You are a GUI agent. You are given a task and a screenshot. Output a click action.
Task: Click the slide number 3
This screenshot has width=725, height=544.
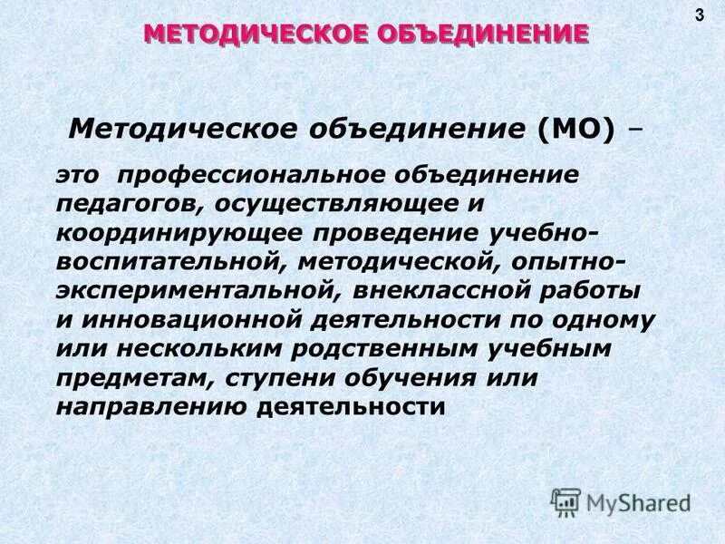[x=699, y=15]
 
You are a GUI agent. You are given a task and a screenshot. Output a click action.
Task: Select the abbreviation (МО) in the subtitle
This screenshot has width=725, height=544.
[x=575, y=129]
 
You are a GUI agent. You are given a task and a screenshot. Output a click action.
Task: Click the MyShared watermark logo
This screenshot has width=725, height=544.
[x=620, y=500]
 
